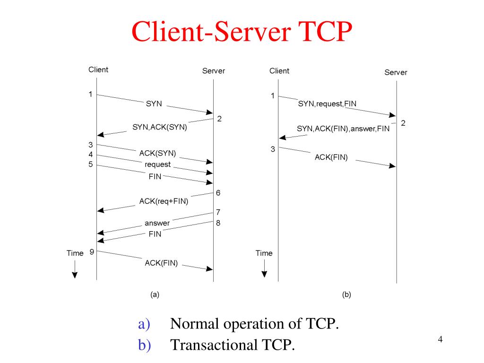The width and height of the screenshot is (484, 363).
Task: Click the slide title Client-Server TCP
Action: [242, 32]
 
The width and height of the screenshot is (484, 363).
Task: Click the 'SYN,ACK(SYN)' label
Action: [160, 127]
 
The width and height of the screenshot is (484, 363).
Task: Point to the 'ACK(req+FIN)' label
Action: [164, 201]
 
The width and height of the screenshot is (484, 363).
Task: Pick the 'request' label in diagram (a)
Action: [158, 164]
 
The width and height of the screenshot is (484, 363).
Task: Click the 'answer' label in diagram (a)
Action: [157, 223]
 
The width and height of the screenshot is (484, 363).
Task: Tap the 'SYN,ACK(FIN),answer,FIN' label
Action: [343, 129]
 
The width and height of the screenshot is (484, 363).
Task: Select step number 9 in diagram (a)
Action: [92, 252]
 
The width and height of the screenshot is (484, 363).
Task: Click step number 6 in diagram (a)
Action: [218, 193]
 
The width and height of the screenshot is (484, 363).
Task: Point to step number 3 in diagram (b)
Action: [273, 149]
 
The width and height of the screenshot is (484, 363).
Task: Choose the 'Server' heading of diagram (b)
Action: [396, 72]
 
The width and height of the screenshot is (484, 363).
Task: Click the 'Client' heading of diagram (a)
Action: [98, 69]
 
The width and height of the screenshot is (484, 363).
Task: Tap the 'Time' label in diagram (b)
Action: [264, 253]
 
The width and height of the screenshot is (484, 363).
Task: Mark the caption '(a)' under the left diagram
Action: [155, 294]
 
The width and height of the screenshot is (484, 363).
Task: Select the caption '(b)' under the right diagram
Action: [346, 294]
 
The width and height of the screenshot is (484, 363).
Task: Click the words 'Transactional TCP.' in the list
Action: [232, 345]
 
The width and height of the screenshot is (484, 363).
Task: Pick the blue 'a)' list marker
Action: [144, 324]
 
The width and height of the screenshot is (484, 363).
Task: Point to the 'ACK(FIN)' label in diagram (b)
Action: [331, 158]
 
